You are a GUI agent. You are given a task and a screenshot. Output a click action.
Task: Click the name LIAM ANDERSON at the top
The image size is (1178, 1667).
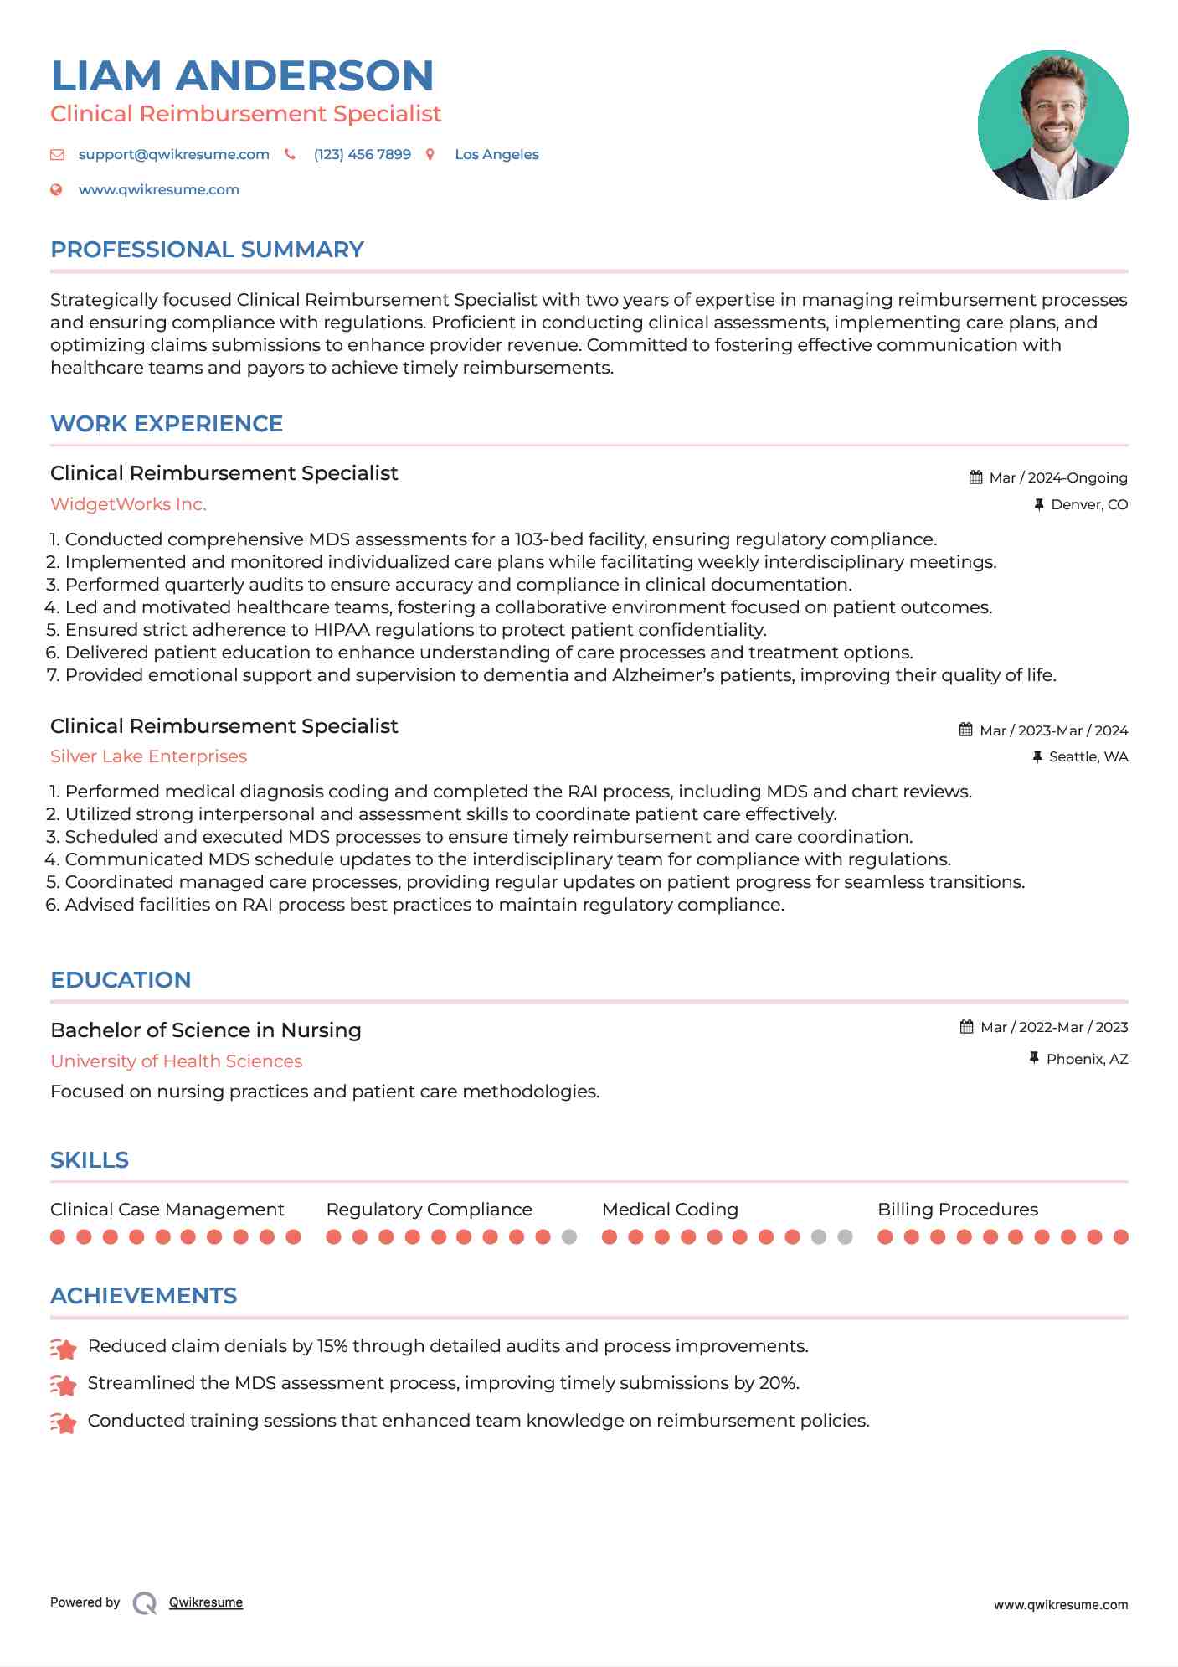point(242,75)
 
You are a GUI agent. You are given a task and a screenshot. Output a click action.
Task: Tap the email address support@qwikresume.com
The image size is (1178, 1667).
point(173,154)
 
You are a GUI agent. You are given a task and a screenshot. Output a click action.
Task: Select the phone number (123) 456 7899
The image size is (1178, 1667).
point(362,154)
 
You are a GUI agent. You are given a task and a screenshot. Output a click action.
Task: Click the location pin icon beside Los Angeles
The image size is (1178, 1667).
point(430,154)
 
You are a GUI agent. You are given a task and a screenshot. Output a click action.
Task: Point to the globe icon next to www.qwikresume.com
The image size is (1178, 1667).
point(56,189)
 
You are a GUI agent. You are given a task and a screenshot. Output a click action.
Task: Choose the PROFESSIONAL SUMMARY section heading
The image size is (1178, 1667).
point(207,250)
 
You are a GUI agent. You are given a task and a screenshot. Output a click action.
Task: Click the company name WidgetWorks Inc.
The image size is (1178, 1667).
point(128,504)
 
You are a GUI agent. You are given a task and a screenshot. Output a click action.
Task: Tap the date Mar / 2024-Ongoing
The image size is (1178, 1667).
point(1057,477)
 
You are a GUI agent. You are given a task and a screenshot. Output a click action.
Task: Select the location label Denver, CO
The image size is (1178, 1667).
point(1088,504)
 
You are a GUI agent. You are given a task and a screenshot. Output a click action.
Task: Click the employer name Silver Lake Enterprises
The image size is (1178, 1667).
point(148,756)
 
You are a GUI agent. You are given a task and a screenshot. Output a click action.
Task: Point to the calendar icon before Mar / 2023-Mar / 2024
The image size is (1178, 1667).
point(965,730)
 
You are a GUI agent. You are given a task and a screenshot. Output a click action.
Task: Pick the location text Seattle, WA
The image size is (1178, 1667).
point(1088,756)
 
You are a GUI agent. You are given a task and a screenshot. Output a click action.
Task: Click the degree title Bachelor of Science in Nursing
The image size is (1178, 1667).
point(205,1030)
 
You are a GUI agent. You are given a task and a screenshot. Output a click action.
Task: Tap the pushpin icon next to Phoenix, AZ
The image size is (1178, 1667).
point(1034,1058)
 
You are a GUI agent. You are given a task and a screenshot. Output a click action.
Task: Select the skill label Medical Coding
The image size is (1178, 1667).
point(670,1210)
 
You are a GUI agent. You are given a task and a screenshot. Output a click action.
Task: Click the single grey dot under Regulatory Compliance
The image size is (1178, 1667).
point(569,1236)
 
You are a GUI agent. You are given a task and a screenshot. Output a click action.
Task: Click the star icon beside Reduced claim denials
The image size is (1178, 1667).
point(64,1348)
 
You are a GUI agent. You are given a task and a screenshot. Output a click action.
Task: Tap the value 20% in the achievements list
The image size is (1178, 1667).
point(777,1383)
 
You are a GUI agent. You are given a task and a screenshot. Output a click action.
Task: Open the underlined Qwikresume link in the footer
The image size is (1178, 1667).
point(205,1602)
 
